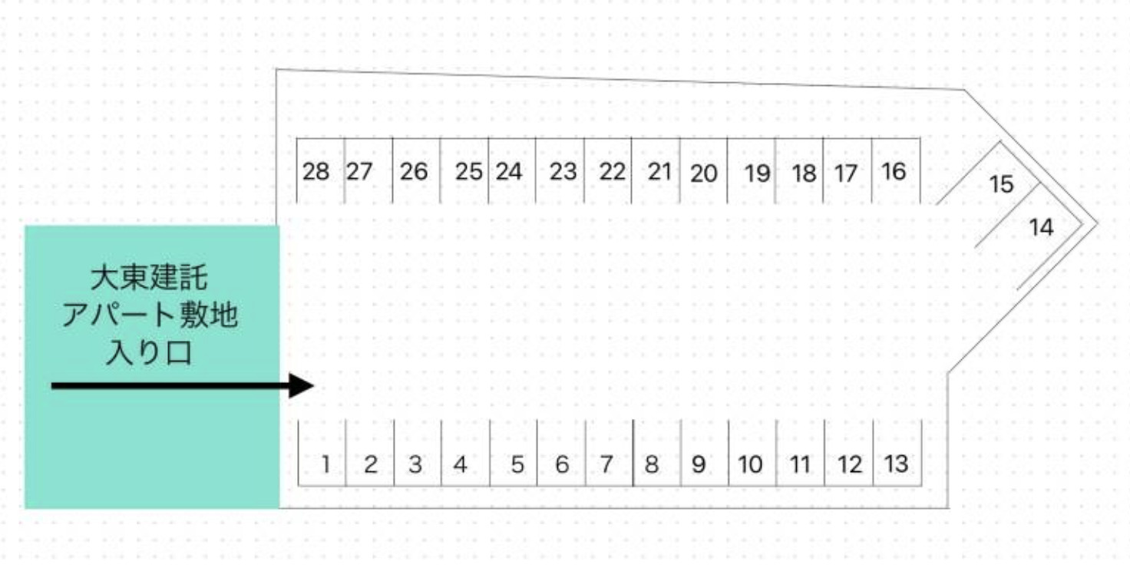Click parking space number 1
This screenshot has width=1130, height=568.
pyautogui.click(x=322, y=453)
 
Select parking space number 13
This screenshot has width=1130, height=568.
pyautogui.click(x=897, y=453)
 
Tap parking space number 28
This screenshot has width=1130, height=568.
pyautogui.click(x=320, y=170)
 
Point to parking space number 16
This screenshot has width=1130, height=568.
pyautogui.click(x=896, y=170)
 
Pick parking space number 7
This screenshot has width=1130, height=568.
pyautogui.click(x=610, y=453)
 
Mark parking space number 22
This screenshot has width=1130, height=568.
pyautogui.click(x=608, y=170)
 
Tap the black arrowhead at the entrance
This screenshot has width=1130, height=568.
pyautogui.click(x=302, y=386)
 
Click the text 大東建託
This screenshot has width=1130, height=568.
pyautogui.click(x=150, y=278)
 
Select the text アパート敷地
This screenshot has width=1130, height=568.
pyautogui.click(x=150, y=315)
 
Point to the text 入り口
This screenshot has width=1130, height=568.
pyautogui.click(x=150, y=352)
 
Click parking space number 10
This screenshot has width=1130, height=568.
pyautogui.click(x=752, y=453)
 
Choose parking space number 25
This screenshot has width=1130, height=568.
pyautogui.click(x=464, y=170)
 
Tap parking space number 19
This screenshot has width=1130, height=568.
pyautogui.click(x=751, y=170)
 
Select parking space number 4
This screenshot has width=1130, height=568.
pyautogui.click(x=465, y=453)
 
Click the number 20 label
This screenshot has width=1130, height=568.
pyautogui.click(x=704, y=174)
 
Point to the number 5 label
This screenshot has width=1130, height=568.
pyautogui.click(x=517, y=464)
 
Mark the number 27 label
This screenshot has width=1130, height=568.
pyautogui.click(x=359, y=171)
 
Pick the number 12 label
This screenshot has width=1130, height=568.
pyautogui.click(x=850, y=464)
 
